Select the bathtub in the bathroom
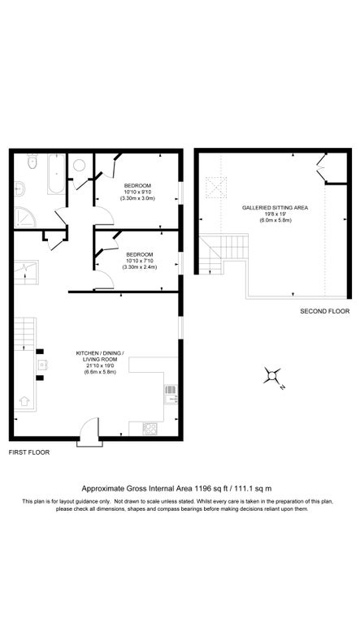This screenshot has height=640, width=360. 57,174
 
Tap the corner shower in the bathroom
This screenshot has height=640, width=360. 24,217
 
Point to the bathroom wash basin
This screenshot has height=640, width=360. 20,189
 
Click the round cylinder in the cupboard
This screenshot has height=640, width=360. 80,165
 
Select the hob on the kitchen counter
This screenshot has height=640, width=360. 150,427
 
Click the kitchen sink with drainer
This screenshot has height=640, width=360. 171,394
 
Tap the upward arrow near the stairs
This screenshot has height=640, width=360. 23,401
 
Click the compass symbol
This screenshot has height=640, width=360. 274,375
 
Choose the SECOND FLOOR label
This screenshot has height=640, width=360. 324,311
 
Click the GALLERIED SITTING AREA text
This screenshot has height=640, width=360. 275,207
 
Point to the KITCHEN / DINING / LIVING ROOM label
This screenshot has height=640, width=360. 100,357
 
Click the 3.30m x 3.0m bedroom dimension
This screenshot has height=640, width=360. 137,199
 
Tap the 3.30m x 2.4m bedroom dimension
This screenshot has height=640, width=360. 137,267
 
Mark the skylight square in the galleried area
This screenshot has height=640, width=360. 217,188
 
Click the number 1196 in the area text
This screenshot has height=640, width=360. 205,488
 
